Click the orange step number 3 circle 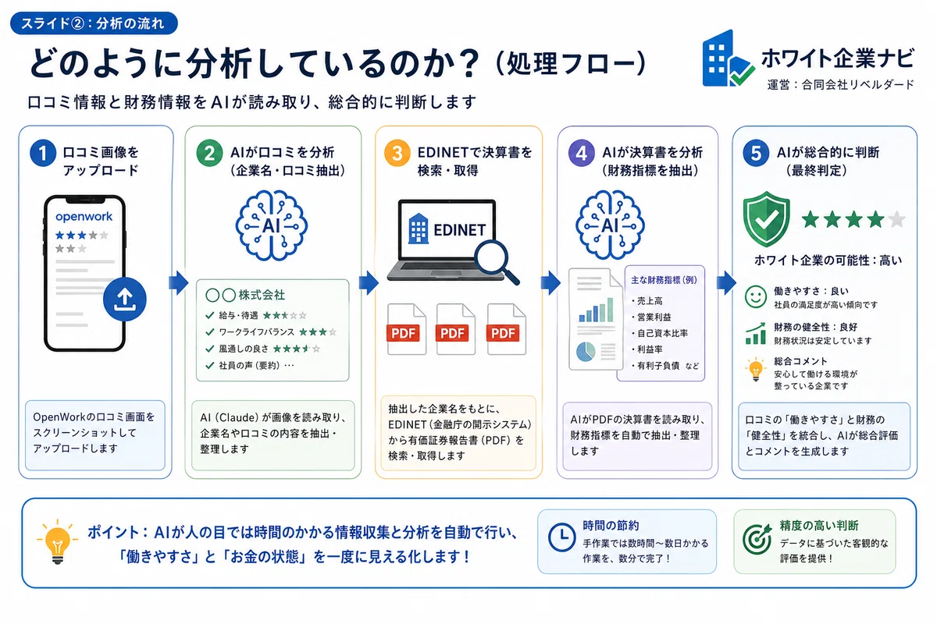coord(397,153)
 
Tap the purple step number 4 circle coord(582,153)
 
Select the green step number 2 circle coord(209,153)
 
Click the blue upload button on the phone coord(125,300)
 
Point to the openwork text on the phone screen coord(84,217)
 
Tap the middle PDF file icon coord(455,329)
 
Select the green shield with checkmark coord(766,218)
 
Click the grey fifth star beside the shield coord(897,219)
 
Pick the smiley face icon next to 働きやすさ coord(756,296)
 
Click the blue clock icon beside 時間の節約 coord(561,537)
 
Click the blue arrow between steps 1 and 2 coord(179,283)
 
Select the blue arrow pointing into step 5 coord(726,283)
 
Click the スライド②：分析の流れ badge coord(94,23)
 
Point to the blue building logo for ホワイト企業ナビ coord(727,58)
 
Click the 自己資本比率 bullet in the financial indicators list coord(660,333)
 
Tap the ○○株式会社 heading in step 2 coord(245,295)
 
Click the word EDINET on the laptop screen coord(459,230)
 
